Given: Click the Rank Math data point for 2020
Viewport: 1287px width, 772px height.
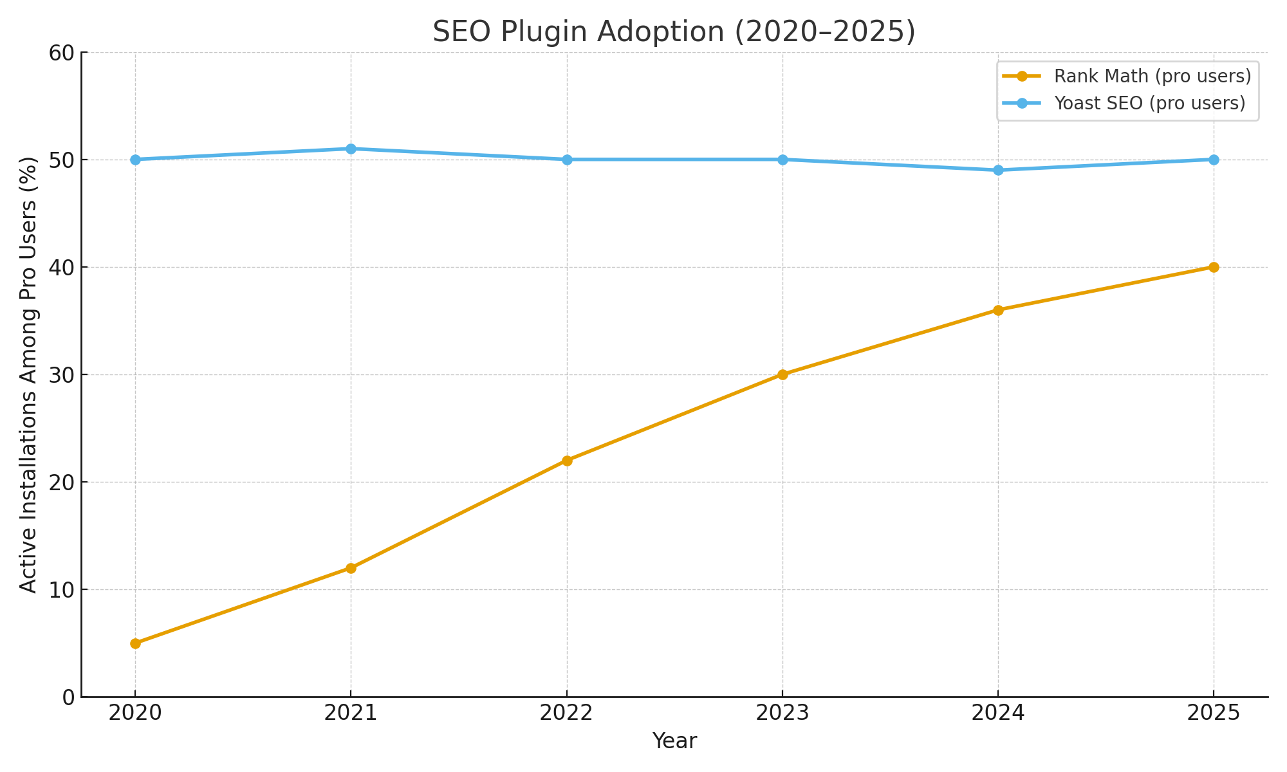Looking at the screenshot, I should coord(135,643).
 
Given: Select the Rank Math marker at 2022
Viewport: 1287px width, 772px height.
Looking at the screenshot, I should coord(567,461).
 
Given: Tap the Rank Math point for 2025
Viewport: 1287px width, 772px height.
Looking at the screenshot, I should coord(1214,267).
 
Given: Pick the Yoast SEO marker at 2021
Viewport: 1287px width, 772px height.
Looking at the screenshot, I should coord(351,149).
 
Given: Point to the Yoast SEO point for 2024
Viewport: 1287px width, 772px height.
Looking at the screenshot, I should coord(998,170).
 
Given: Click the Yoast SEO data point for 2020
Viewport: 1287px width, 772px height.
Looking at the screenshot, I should coord(135,160).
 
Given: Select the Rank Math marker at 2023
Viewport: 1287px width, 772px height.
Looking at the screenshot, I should coord(782,374).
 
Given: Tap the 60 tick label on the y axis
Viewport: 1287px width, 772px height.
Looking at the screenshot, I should coord(61,53).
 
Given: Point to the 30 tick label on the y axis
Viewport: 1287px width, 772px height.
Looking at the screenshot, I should coord(61,375).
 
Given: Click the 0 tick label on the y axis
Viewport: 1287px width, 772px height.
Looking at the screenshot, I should coord(68,697).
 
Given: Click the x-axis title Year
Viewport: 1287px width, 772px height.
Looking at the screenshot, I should coord(674,742).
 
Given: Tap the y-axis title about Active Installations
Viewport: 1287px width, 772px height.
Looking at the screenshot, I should coord(28,374).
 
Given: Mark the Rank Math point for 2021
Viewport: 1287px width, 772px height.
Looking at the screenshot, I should coord(351,568).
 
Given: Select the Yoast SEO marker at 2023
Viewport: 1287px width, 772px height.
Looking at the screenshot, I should coord(782,160).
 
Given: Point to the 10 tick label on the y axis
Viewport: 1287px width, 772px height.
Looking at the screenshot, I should coord(61,590).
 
